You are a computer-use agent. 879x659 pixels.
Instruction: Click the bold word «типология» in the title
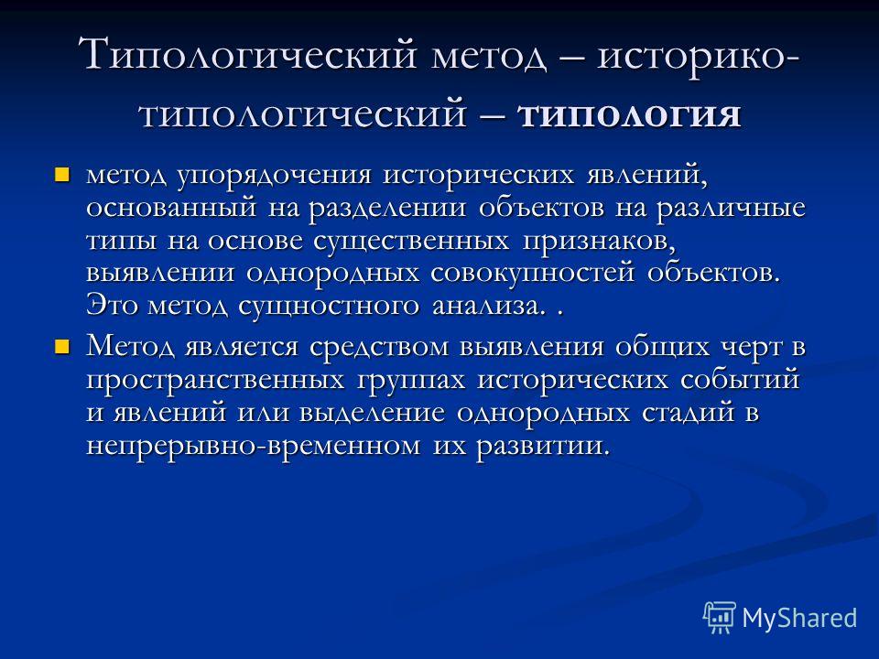(630, 116)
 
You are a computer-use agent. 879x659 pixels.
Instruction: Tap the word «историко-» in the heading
(698, 56)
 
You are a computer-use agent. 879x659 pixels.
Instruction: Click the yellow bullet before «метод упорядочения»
(61, 175)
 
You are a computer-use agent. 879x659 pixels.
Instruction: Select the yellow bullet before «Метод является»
(61, 347)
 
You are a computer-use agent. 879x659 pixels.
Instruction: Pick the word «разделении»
(387, 209)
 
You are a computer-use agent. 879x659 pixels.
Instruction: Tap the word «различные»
(731, 209)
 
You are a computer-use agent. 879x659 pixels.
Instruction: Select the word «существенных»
(411, 242)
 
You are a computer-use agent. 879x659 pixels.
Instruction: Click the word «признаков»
(599, 242)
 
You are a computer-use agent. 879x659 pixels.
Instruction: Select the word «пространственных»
(215, 381)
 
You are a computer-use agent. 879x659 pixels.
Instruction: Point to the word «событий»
(740, 379)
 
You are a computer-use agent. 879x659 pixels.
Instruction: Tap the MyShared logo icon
(720, 618)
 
